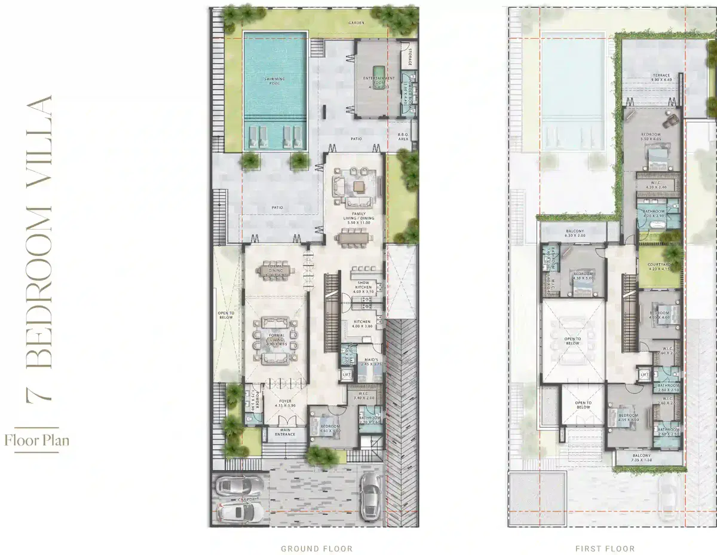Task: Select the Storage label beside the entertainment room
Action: point(410,58)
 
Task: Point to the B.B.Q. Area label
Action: point(403,137)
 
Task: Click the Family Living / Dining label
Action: point(358,216)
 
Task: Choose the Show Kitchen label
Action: point(363,285)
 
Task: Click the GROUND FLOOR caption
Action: point(317,548)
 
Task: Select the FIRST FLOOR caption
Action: point(605,548)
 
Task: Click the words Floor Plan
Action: point(36,441)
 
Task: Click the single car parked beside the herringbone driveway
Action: point(370,496)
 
